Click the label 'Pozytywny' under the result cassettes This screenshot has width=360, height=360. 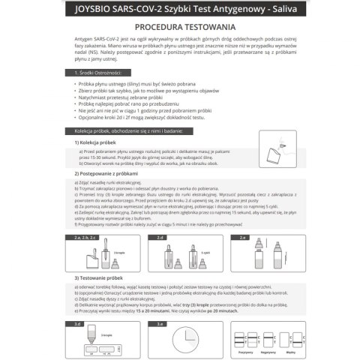point(244,351)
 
